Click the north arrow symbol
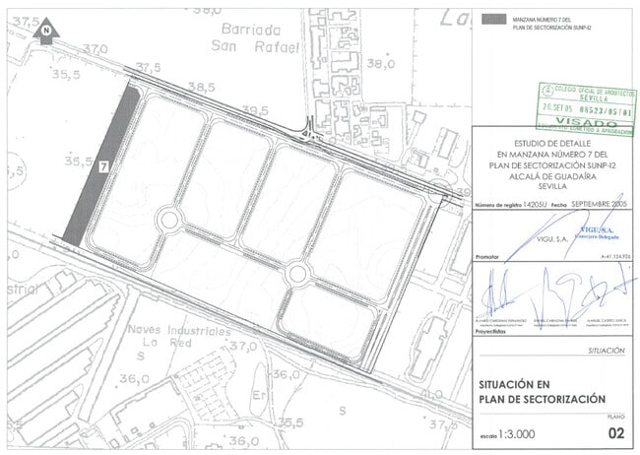pyautogui.click(x=45, y=33)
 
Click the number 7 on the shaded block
pyautogui.click(x=101, y=168)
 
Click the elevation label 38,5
pyautogui.click(x=201, y=88)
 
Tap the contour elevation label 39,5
pyautogui.click(x=255, y=109)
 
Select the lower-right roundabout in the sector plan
pyautogui.click(x=296, y=272)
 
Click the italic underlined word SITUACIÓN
pyautogui.click(x=605, y=350)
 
